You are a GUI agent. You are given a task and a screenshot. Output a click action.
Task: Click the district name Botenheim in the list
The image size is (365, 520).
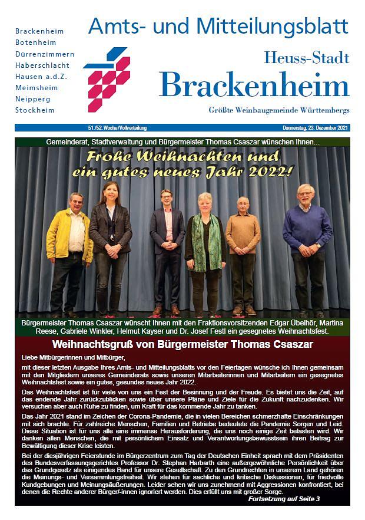click(x=35, y=42)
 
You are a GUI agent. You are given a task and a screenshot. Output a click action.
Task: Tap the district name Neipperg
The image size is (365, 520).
click(x=33, y=98)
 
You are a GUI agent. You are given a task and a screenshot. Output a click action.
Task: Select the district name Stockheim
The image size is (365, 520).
click(x=35, y=110)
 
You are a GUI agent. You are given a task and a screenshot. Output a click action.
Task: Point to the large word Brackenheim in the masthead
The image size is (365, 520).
click(x=254, y=85)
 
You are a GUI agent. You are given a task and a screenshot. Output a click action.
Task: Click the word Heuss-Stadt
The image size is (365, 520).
click(x=306, y=58)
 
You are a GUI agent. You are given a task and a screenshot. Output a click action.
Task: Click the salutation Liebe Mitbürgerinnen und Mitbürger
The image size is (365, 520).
click(x=74, y=358)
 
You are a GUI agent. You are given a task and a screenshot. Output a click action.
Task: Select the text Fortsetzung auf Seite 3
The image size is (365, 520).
click(x=284, y=499)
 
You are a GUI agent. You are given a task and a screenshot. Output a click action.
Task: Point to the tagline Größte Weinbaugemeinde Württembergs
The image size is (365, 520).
click(x=278, y=110)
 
